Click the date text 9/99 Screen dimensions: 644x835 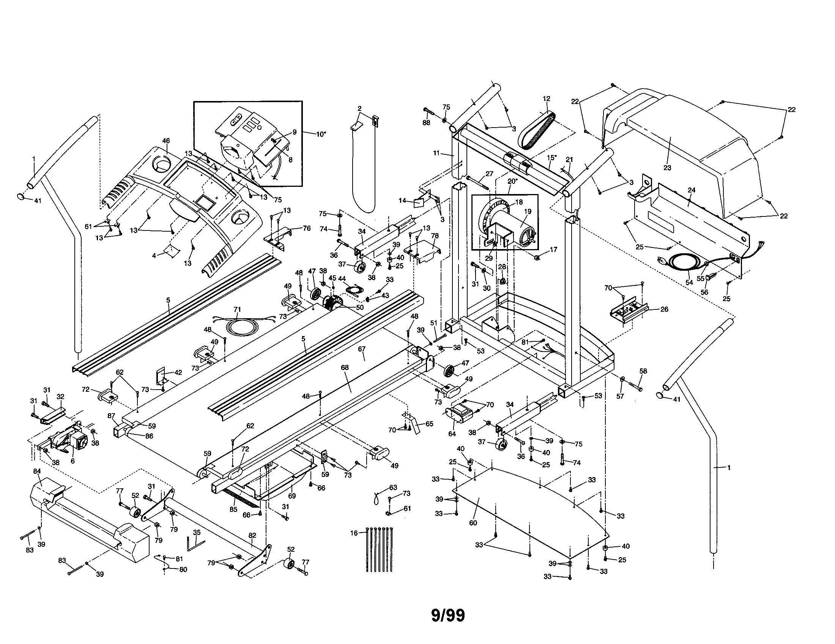[448, 615]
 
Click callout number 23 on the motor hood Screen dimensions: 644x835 [667, 167]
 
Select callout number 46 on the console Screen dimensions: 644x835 [166, 141]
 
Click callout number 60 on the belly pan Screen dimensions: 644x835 [473, 523]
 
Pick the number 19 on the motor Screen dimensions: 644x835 [528, 212]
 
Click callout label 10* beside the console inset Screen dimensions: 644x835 [321, 134]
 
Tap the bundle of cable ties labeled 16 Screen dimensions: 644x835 [379, 549]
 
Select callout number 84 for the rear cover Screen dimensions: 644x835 [37, 471]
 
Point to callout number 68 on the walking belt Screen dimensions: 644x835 [345, 368]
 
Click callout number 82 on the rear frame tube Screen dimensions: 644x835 [252, 535]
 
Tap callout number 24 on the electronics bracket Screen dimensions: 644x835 [691, 190]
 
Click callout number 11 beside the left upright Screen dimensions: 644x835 [436, 153]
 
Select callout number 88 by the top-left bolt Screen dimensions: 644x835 [426, 122]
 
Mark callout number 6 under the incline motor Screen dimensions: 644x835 [72, 461]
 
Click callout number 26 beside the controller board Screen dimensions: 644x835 [665, 309]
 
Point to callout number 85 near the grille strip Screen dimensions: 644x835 [233, 509]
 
